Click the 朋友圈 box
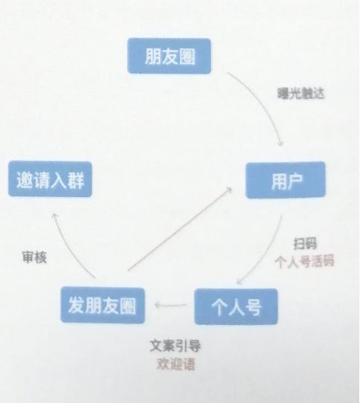tap(169, 56)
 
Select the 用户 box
tap(286, 180)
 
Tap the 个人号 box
tap(236, 306)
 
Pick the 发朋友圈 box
tap(103, 305)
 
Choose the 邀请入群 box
tap(50, 179)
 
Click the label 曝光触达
tap(300, 94)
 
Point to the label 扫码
tap(305, 244)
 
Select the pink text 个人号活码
tap(304, 262)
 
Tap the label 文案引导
tap(175, 346)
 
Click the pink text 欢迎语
tap(176, 364)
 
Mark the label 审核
tap(34, 257)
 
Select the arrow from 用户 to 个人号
tap(269, 253)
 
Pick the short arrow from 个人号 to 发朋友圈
tap(171, 305)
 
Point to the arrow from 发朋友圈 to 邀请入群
tap(67, 249)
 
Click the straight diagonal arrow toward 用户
tap(179, 229)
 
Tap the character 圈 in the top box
tap(187, 57)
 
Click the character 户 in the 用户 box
tap(294, 181)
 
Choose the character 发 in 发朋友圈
tap(76, 306)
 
